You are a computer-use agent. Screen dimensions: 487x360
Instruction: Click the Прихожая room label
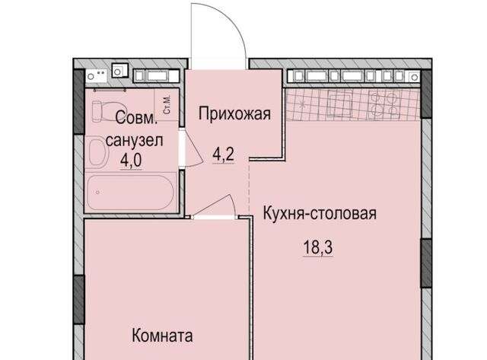click(234, 113)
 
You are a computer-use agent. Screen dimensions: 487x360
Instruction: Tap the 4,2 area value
click(223, 155)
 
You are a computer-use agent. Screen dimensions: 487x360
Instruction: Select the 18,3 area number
click(318, 247)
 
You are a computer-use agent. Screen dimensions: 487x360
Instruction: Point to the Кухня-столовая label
click(320, 213)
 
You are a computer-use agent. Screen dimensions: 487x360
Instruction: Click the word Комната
click(162, 336)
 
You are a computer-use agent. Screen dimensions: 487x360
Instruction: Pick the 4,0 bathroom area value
click(131, 161)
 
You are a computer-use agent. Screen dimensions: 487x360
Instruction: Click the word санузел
click(134, 141)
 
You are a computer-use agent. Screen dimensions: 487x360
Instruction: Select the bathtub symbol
click(130, 193)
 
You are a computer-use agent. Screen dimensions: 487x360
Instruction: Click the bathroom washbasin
click(98, 152)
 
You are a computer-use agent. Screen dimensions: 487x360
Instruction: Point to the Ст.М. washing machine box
click(167, 104)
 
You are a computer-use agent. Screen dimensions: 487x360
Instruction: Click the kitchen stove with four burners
click(384, 104)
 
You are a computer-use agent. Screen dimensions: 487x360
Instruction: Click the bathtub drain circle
click(98, 193)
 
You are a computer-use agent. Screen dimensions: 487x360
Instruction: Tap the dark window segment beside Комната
click(78, 299)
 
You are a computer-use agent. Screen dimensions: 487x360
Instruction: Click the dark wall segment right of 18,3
click(426, 263)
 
